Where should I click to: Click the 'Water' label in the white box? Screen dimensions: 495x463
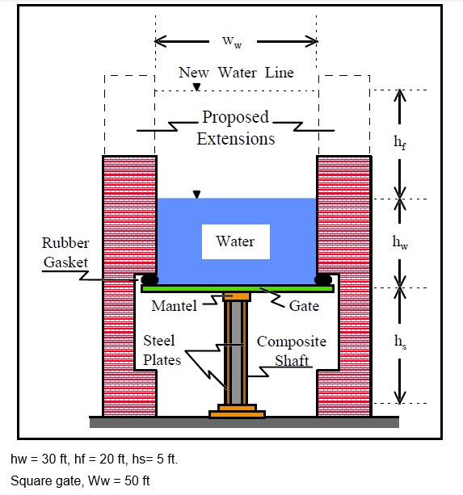(x=235, y=241)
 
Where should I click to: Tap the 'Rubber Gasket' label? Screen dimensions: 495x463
(x=65, y=252)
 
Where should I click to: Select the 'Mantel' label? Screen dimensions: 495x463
(x=174, y=306)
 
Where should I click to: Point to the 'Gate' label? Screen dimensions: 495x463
(x=304, y=306)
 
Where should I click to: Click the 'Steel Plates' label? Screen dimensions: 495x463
(x=162, y=350)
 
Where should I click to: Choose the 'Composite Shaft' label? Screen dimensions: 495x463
(x=291, y=351)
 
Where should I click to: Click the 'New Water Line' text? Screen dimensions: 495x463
(x=236, y=73)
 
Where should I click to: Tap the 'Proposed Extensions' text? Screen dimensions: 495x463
(x=235, y=128)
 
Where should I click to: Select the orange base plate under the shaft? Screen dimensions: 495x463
(x=237, y=414)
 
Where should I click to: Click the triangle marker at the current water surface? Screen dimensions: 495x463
(x=196, y=194)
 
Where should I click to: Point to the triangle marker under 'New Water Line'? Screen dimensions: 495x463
(x=196, y=86)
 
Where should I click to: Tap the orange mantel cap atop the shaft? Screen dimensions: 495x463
(x=237, y=296)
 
